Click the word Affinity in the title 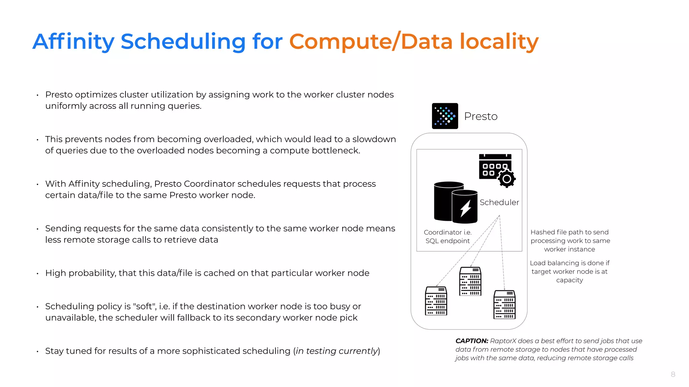point(73,42)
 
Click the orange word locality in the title point(499,42)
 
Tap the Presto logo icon point(445,116)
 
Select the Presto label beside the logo point(480,116)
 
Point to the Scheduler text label point(499,202)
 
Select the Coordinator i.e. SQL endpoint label point(447,236)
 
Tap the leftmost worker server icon point(436,301)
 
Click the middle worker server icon point(470,281)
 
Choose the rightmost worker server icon point(504,304)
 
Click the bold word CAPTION point(472,341)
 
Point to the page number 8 point(673,374)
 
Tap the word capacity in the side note point(569,280)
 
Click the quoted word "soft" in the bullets point(145,306)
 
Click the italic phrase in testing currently point(336,351)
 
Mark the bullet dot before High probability point(38,274)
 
